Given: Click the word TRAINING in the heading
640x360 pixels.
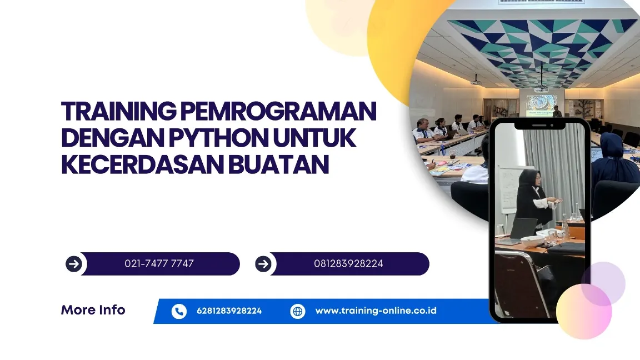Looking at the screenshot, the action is [119, 111].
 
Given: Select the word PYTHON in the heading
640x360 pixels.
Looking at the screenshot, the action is [219, 138].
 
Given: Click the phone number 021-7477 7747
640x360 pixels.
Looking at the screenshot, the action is [159, 264].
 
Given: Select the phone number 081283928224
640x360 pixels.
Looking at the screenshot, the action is [348, 264].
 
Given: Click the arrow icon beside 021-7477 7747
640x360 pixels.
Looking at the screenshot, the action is [74, 264].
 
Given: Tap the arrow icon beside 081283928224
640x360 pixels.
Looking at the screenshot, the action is [263, 264].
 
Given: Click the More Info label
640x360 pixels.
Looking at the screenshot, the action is [93, 310].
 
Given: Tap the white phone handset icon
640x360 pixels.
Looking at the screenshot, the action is [179, 312].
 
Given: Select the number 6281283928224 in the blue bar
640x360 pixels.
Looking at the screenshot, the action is [229, 311].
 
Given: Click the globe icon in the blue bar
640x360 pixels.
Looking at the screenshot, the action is [298, 312].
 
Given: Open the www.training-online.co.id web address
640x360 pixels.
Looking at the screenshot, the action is [376, 311].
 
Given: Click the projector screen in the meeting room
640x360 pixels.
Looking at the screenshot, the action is [542, 105].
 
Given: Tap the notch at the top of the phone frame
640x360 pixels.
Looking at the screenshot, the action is [539, 125].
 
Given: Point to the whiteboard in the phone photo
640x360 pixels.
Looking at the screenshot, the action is [508, 189].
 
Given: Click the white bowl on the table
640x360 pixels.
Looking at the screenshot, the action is [533, 241].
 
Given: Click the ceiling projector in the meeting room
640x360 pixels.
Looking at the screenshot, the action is [476, 81].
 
